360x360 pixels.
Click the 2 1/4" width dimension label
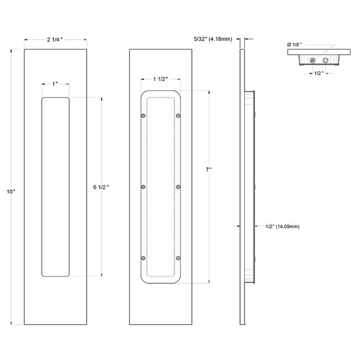(x=55, y=40)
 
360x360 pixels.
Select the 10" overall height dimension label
(x=11, y=191)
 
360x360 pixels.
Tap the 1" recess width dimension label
(x=55, y=83)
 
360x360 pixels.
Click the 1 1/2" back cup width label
(x=160, y=79)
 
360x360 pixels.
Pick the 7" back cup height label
(x=208, y=169)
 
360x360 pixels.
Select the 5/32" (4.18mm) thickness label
(x=213, y=39)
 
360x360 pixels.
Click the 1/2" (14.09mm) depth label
(x=282, y=226)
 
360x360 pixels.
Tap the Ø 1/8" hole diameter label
(x=294, y=45)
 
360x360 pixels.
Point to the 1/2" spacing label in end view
(x=319, y=73)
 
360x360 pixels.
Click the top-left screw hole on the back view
(x=143, y=116)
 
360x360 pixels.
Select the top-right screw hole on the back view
(x=178, y=116)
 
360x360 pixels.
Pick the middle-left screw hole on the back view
(x=143, y=187)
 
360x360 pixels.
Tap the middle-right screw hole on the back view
(x=178, y=187)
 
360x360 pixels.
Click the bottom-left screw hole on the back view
(x=143, y=258)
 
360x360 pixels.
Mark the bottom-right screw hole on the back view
(x=178, y=258)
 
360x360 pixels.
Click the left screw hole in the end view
(x=312, y=61)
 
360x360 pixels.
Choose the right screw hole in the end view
(x=325, y=61)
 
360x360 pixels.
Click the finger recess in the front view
(x=55, y=187)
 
